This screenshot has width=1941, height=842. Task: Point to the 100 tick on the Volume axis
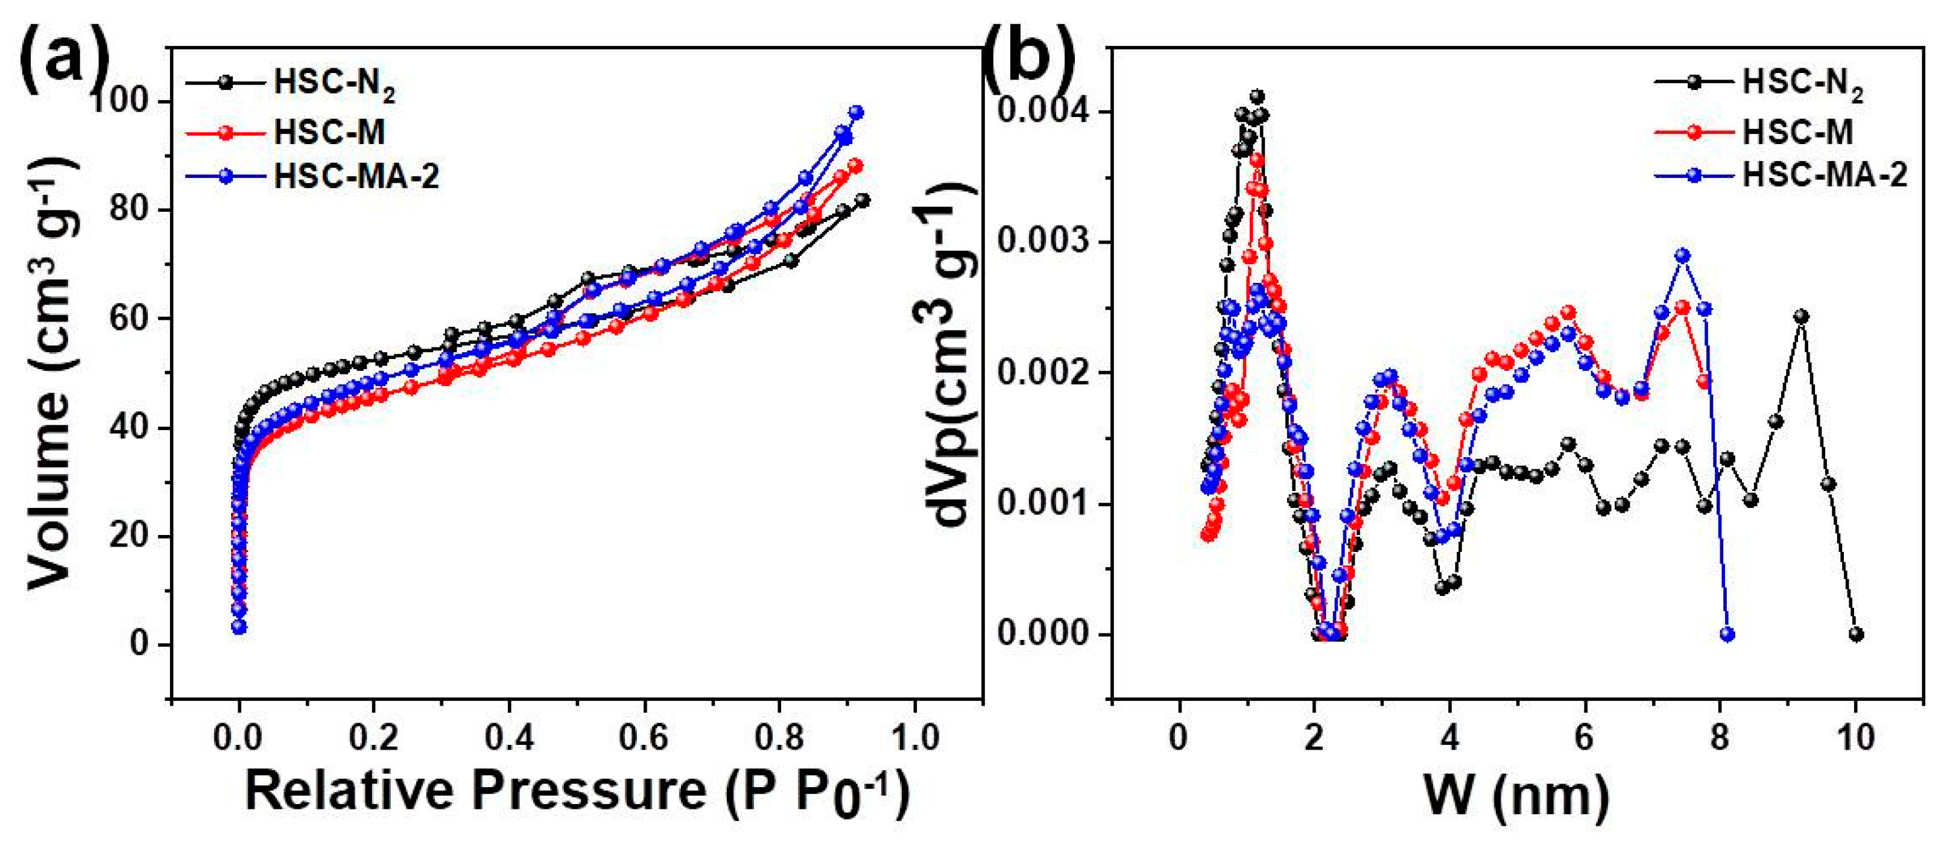[x=126, y=102]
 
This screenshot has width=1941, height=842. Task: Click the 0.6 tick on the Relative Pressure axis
[x=645, y=737]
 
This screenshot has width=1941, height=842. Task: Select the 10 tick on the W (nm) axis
[x=1855, y=737]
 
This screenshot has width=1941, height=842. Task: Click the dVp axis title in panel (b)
[x=954, y=354]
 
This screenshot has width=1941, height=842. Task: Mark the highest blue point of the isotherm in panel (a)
[x=856, y=112]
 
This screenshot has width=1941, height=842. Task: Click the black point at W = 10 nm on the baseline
[x=1856, y=635]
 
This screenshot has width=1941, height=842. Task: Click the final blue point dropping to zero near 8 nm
[x=1727, y=635]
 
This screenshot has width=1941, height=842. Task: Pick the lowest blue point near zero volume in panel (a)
[x=239, y=627]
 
